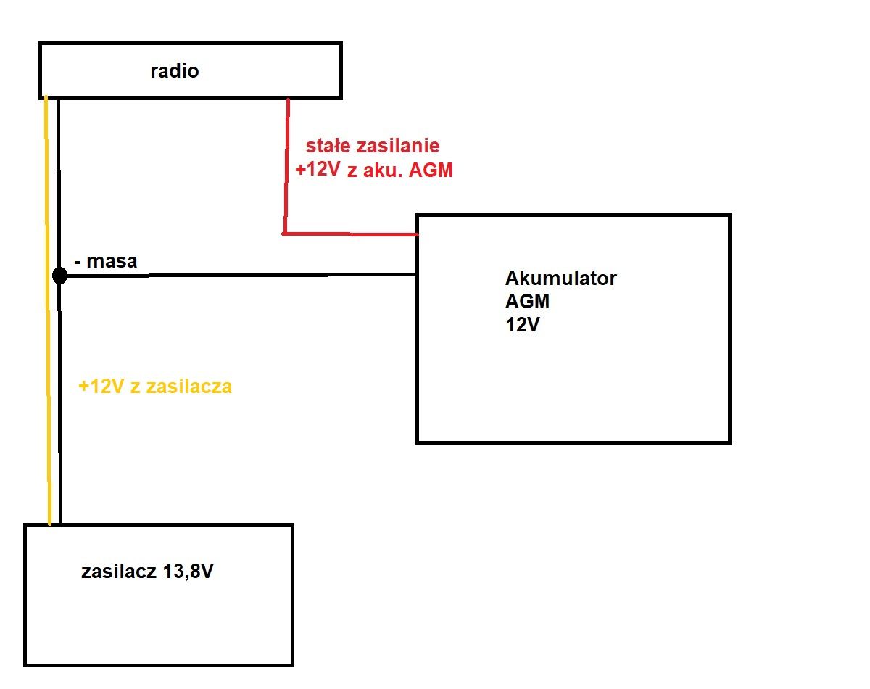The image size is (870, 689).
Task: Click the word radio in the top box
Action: click(175, 71)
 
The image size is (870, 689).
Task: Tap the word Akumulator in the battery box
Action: click(560, 279)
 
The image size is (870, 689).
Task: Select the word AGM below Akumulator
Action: click(527, 302)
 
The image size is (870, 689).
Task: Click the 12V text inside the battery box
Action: click(522, 324)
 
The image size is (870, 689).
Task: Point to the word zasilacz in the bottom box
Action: click(118, 572)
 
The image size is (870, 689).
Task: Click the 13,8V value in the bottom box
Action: click(188, 572)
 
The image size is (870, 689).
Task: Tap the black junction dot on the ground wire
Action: click(60, 276)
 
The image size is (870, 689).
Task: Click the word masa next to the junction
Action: click(112, 261)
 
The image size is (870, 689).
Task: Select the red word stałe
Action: click(328, 146)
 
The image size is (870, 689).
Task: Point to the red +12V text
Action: click(318, 169)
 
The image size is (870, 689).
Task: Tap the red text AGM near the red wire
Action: click(431, 170)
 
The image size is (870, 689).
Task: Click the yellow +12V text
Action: click(101, 387)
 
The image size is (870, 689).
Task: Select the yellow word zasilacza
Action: click(188, 387)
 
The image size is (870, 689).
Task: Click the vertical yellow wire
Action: click(48, 310)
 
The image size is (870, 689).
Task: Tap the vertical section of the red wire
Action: click(286, 166)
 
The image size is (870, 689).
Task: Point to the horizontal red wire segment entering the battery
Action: click(350, 234)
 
